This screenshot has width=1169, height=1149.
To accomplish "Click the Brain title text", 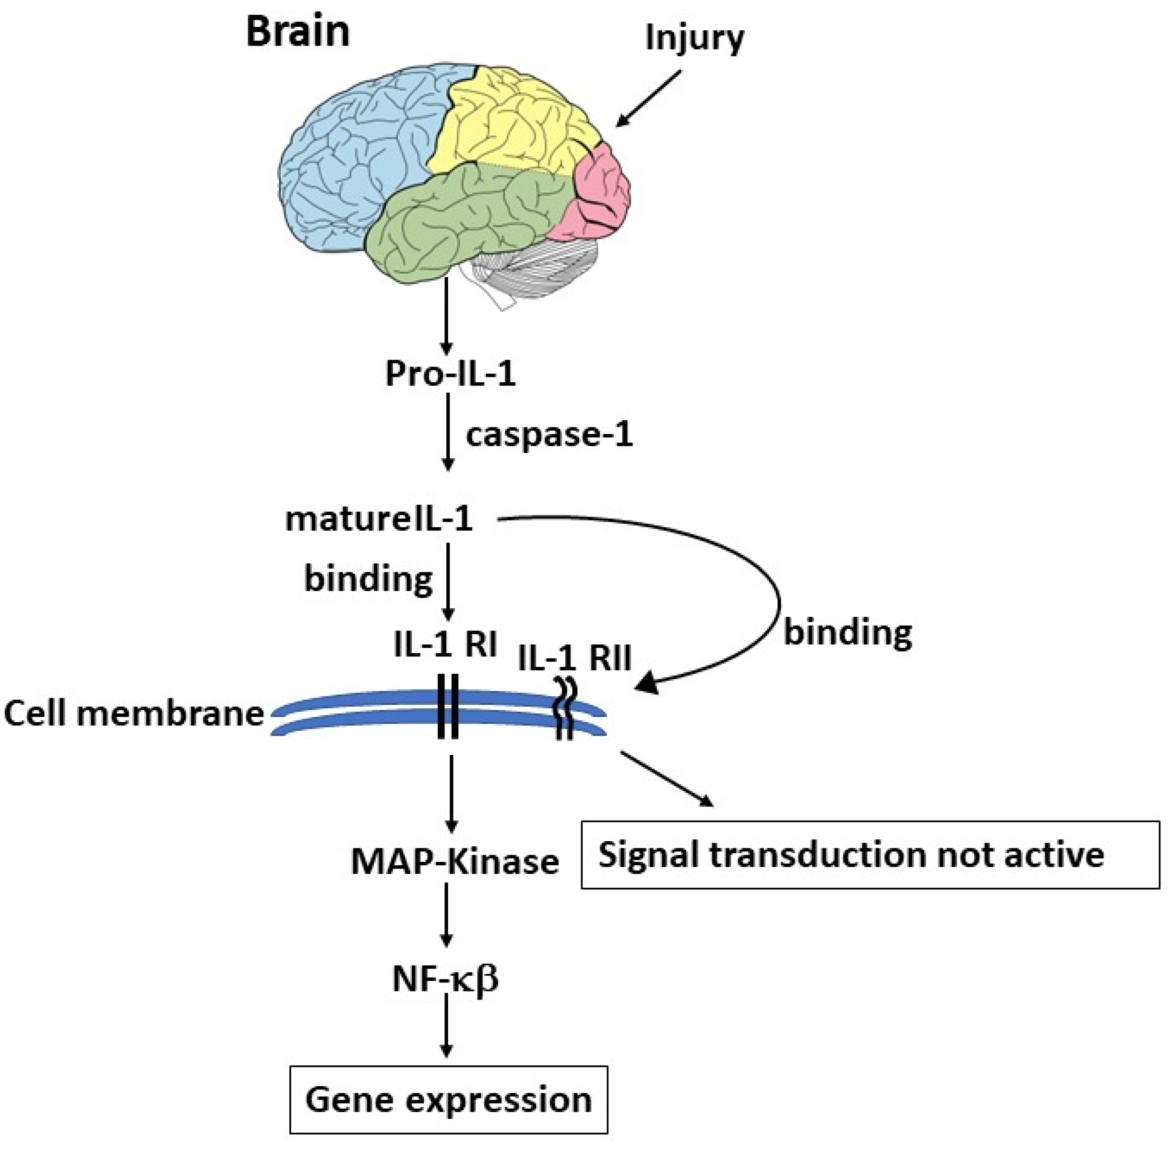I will [298, 31].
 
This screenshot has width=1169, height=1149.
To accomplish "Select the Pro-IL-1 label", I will [451, 374].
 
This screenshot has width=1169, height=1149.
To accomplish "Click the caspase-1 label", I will [549, 435].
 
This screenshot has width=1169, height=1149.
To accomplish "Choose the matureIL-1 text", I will [379, 519].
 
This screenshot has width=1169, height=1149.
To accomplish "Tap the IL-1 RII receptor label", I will [574, 657].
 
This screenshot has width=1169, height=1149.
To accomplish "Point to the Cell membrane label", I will [134, 714].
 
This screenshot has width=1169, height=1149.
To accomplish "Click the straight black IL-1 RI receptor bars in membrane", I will [448, 706].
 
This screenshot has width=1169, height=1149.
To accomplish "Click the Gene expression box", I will [449, 1100].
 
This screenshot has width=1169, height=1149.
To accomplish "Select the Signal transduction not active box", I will [870, 855].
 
